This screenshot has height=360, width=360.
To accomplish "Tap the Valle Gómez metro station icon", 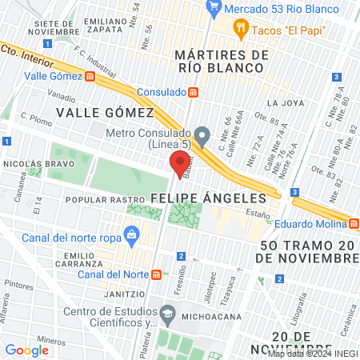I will point(90,77).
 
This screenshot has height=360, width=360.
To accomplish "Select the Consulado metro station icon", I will point(193,92).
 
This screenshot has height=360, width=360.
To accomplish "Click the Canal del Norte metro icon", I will point(157,274).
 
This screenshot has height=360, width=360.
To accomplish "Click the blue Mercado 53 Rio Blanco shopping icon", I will point(214,9).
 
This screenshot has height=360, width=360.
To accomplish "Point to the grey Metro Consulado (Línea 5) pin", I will point(203,134).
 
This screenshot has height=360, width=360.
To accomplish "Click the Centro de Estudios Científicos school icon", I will point(167,311).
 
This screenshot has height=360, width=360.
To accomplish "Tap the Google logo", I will point(26,350).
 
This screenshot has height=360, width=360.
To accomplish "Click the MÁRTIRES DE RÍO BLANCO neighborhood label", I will point(219,62).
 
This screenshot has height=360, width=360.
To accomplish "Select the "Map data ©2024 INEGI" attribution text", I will point(312,353).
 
